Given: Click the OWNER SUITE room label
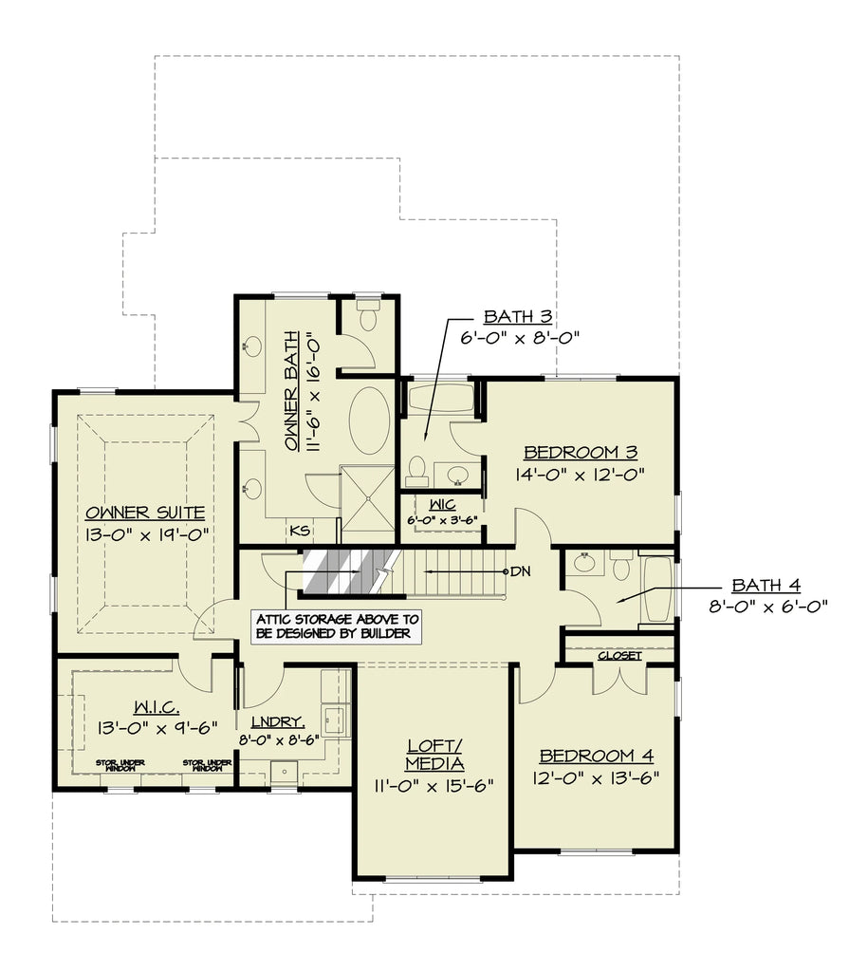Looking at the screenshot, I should point(145,514).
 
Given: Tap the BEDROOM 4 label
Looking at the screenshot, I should point(597,756).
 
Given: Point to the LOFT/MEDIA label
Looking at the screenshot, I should point(434,756).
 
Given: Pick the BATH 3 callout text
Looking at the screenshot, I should point(518,316).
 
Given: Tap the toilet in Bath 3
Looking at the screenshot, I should point(415,469).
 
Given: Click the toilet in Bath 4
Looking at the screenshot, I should point(621,568).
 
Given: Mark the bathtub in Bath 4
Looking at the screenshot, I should point(656,589).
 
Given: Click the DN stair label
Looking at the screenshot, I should point(521,571).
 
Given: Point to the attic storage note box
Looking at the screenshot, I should point(336,626).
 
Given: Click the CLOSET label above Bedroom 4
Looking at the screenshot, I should point(619,656).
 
